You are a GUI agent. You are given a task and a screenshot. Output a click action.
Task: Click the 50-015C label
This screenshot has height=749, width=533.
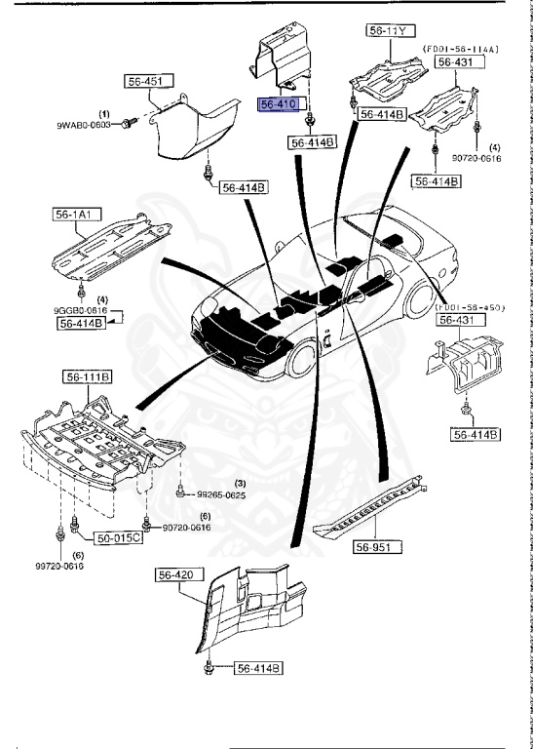118,537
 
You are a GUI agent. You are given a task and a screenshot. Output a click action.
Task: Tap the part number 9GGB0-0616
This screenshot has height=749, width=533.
80,310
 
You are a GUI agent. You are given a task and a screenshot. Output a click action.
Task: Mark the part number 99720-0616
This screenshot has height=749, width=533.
60,566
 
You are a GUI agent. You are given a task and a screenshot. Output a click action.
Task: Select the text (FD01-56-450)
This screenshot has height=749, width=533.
470,306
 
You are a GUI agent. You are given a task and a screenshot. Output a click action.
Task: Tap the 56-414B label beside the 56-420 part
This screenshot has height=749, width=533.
257,668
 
